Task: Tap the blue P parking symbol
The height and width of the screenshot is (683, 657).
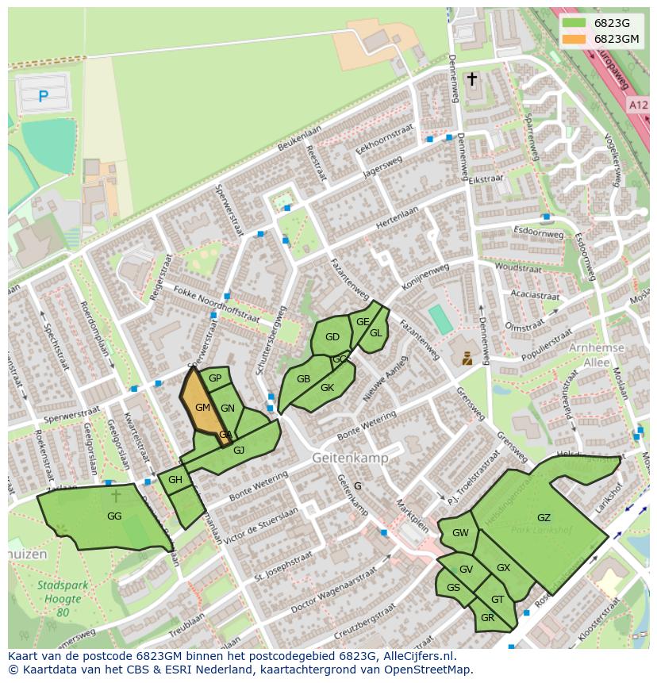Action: (43, 96)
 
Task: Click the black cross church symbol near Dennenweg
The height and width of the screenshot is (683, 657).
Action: (472, 79)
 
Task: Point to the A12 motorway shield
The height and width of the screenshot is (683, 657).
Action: (639, 105)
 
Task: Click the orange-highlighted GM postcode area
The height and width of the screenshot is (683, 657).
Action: (202, 407)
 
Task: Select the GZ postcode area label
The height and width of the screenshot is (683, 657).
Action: (544, 518)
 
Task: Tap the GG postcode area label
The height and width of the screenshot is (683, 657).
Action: (114, 516)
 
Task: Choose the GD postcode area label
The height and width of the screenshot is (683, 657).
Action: (332, 337)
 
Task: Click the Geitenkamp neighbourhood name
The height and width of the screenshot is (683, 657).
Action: (349, 459)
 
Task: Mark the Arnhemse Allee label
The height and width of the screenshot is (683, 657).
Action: (590, 355)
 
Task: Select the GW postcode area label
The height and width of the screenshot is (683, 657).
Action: (460, 533)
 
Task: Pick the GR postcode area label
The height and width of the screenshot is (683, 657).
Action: (487, 617)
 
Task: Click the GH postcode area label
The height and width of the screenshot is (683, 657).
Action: (175, 480)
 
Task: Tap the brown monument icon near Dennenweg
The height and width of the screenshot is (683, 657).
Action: (467, 358)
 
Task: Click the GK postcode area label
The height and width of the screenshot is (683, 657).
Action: (327, 388)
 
